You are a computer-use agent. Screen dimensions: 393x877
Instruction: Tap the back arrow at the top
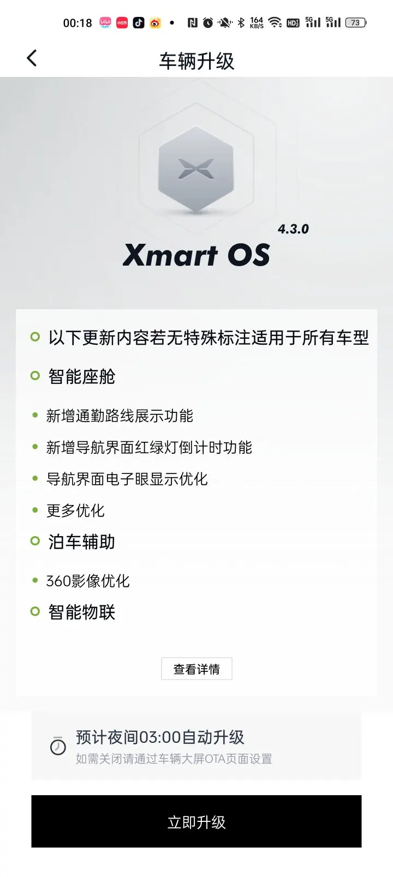[32, 58]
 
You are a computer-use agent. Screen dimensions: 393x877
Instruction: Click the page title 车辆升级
[196, 62]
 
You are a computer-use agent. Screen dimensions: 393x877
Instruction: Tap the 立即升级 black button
[196, 821]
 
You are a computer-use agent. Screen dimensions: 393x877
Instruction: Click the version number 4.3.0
[294, 229]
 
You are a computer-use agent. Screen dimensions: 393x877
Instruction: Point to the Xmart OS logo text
[196, 255]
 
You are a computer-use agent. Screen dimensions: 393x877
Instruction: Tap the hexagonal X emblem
[196, 169]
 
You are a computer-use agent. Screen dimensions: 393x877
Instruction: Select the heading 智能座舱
[81, 376]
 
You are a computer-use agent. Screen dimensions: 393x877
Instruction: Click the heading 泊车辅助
[81, 542]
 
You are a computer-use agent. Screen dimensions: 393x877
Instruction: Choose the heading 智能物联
[81, 612]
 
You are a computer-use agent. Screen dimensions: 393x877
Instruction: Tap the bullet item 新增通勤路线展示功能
[120, 416]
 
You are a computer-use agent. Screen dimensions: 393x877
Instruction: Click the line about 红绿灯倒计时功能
[149, 447]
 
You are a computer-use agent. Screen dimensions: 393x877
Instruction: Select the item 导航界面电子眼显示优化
[127, 479]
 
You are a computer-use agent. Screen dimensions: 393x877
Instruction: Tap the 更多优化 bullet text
[76, 510]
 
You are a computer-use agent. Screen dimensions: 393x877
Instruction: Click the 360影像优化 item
[88, 581]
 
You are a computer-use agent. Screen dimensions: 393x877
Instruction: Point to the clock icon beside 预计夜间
[58, 746]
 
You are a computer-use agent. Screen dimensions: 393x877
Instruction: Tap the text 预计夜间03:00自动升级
[160, 737]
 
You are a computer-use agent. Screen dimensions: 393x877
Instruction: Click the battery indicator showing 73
[356, 23]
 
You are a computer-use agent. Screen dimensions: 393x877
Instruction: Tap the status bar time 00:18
[78, 23]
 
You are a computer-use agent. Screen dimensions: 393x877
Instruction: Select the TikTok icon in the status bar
[138, 23]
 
